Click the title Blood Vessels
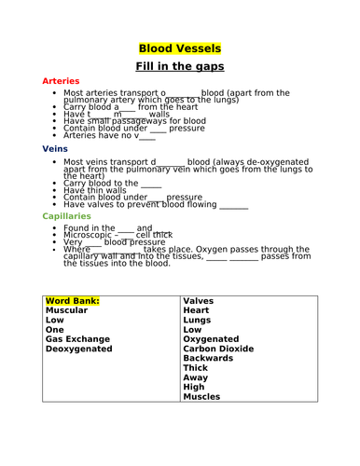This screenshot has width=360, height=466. (179, 48)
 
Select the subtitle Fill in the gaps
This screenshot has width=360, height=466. (179, 68)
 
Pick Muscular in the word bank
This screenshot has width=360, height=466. (72, 313)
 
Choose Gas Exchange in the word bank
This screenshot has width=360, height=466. (78, 339)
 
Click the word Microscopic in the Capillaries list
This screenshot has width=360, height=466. (94, 235)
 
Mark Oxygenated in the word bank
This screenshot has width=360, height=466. (214, 339)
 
